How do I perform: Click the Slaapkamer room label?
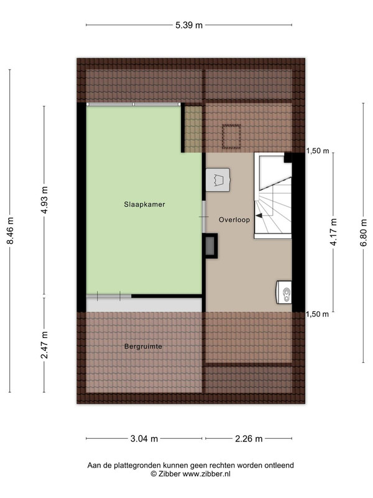(144, 204)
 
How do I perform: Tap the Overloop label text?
(234, 220)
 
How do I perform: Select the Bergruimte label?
(143, 346)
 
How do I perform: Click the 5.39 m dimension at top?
(189, 25)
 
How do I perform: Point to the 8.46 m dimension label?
(10, 231)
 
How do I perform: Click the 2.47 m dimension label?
(44, 345)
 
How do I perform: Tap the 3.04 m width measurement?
(144, 439)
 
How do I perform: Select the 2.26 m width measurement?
(249, 439)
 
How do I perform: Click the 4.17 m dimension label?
(333, 232)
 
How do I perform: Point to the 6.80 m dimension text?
(364, 232)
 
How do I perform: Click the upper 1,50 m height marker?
(318, 151)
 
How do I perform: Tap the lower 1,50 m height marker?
(318, 314)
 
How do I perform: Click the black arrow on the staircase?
(259, 215)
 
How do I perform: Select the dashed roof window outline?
(231, 136)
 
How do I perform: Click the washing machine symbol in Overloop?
(218, 180)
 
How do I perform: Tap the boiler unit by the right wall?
(284, 292)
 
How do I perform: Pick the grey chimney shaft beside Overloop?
(210, 246)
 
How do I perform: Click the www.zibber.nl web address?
(206, 474)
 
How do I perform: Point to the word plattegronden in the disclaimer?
(131, 466)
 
